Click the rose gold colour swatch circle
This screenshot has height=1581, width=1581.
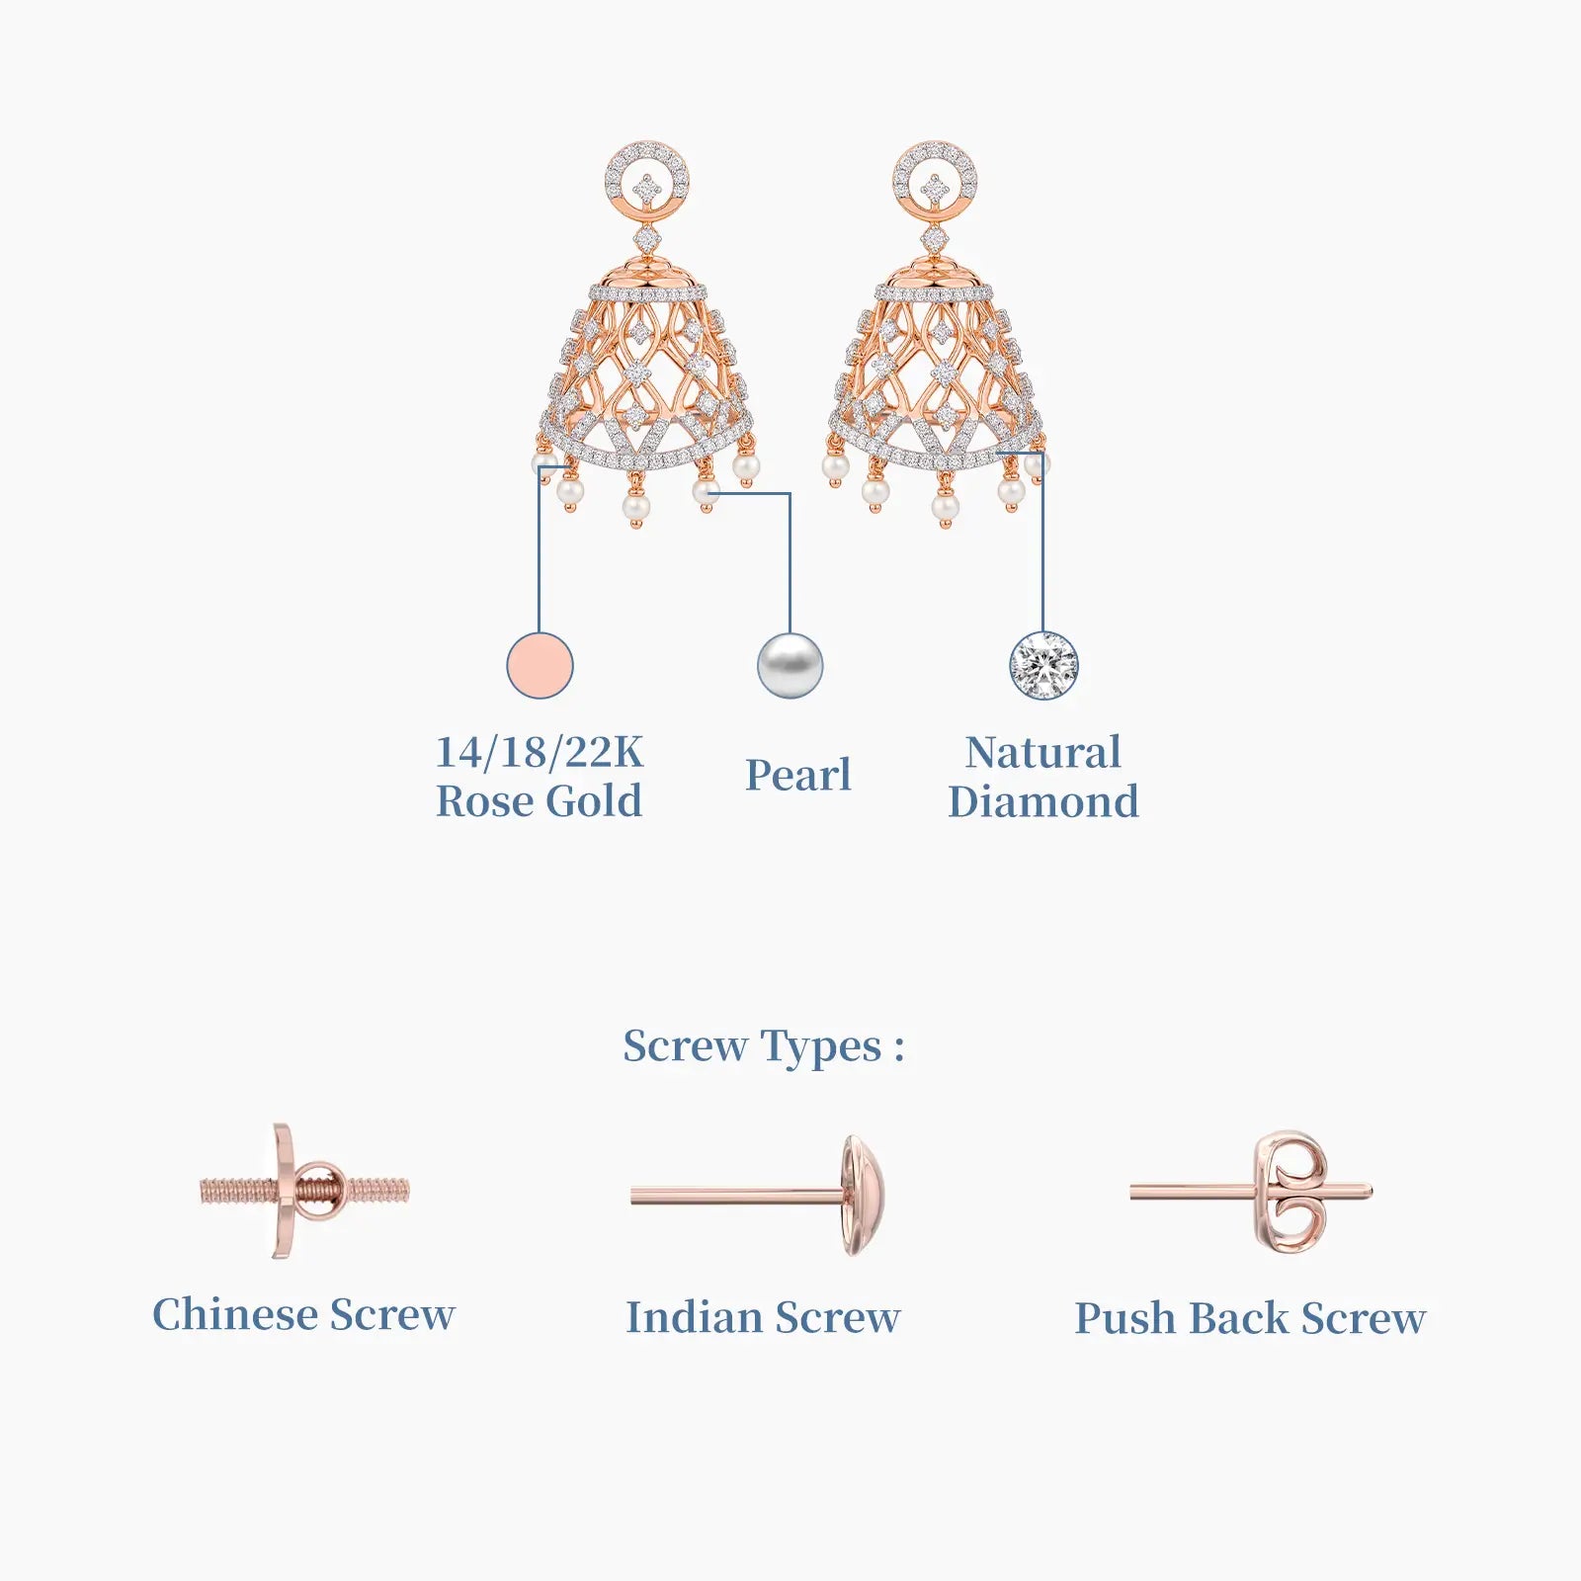point(540,665)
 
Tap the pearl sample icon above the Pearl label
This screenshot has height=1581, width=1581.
point(790,665)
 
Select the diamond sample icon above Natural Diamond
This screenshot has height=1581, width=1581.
point(1043,665)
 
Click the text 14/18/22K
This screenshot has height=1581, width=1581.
point(540,752)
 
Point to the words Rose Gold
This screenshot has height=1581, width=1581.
point(540,800)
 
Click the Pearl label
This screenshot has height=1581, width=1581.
point(798,775)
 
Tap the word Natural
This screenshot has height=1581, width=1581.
point(1043,752)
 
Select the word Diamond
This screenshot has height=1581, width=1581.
point(1043,801)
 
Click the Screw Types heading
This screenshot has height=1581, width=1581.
point(764,1046)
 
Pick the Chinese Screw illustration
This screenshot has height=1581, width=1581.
point(304,1190)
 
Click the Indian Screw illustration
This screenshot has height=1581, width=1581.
point(758,1196)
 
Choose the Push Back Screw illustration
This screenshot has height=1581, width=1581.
point(1251,1193)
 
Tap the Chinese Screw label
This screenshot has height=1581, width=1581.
point(303,1314)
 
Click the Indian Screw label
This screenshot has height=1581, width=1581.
point(763,1317)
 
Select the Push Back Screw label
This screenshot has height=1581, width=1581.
point(1250,1318)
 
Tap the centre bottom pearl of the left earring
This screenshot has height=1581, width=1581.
point(636,508)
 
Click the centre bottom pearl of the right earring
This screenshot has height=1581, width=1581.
point(946,508)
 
